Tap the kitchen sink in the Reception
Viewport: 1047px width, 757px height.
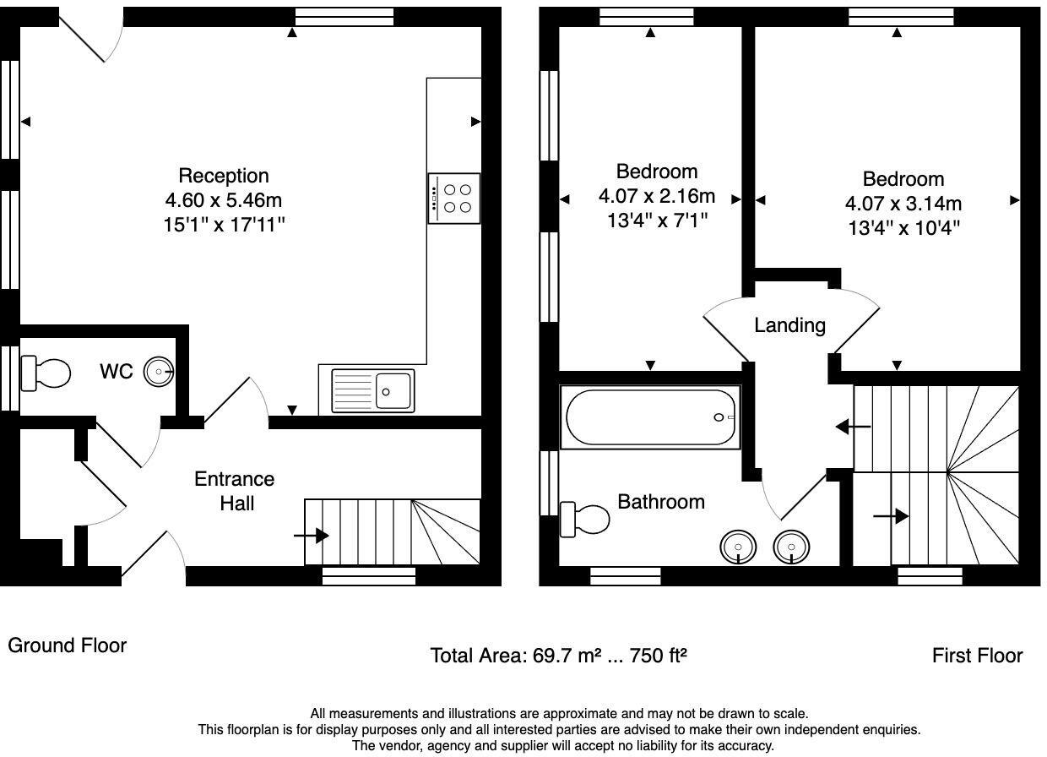click(373, 391)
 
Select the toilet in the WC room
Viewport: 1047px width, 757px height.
click(46, 372)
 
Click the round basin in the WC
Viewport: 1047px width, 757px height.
click(159, 370)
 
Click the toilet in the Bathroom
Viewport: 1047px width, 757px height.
click(585, 519)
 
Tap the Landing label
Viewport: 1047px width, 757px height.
click(789, 324)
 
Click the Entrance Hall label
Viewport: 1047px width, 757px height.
click(234, 491)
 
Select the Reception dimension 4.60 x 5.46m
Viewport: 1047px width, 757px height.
click(224, 201)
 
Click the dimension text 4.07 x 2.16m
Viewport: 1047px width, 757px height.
click(656, 197)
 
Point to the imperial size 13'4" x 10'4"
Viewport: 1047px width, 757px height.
click(903, 227)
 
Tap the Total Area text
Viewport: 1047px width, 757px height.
click(558, 656)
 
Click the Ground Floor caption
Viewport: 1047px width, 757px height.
click(68, 645)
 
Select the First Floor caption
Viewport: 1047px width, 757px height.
click(977, 656)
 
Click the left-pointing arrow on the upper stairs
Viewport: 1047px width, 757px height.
click(853, 428)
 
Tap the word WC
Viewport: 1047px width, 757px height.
click(116, 372)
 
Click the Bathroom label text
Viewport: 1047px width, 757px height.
click(661, 502)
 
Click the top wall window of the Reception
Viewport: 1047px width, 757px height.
click(344, 17)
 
